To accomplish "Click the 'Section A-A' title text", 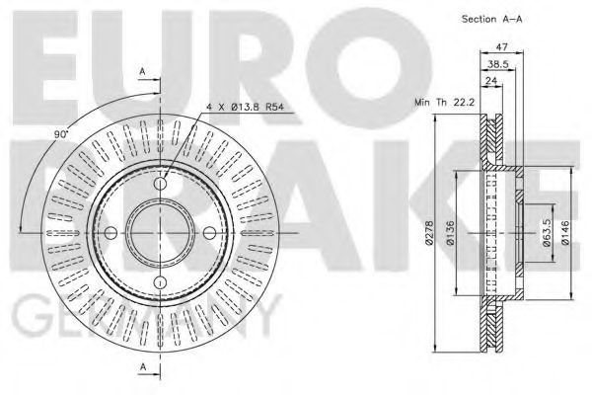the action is (x=492, y=19).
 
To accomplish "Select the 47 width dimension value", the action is (x=502, y=47).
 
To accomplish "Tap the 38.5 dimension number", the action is (x=498, y=64).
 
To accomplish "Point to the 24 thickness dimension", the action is (x=491, y=81).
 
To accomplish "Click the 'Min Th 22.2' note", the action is (x=444, y=102).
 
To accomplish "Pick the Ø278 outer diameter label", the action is (x=429, y=233).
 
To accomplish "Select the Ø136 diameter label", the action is (x=451, y=233).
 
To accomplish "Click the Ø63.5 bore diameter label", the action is (x=547, y=233).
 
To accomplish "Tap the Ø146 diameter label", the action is (x=565, y=233).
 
